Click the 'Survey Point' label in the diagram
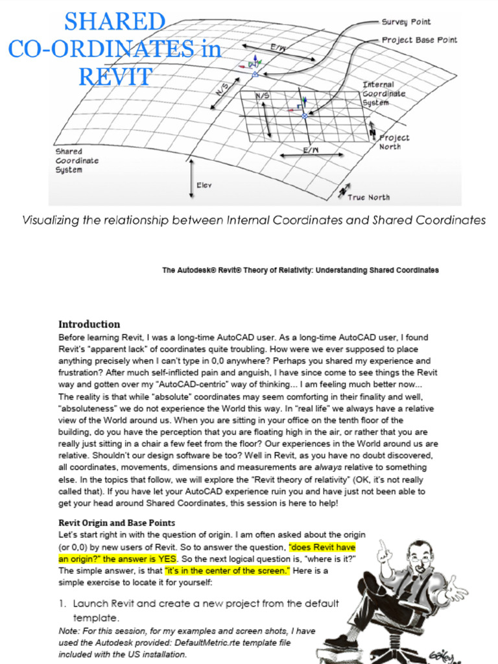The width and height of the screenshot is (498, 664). [x=406, y=22]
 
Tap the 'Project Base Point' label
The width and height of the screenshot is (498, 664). [x=419, y=40]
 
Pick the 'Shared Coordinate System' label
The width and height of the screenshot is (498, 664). [x=69, y=160]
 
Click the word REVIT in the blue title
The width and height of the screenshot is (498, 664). [x=115, y=77]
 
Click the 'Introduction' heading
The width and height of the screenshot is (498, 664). [x=89, y=324]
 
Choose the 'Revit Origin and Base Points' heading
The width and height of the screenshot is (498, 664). [x=117, y=523]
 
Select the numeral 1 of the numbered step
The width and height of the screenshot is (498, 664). [x=62, y=604]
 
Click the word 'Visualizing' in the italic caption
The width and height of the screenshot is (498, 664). [x=49, y=220]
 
